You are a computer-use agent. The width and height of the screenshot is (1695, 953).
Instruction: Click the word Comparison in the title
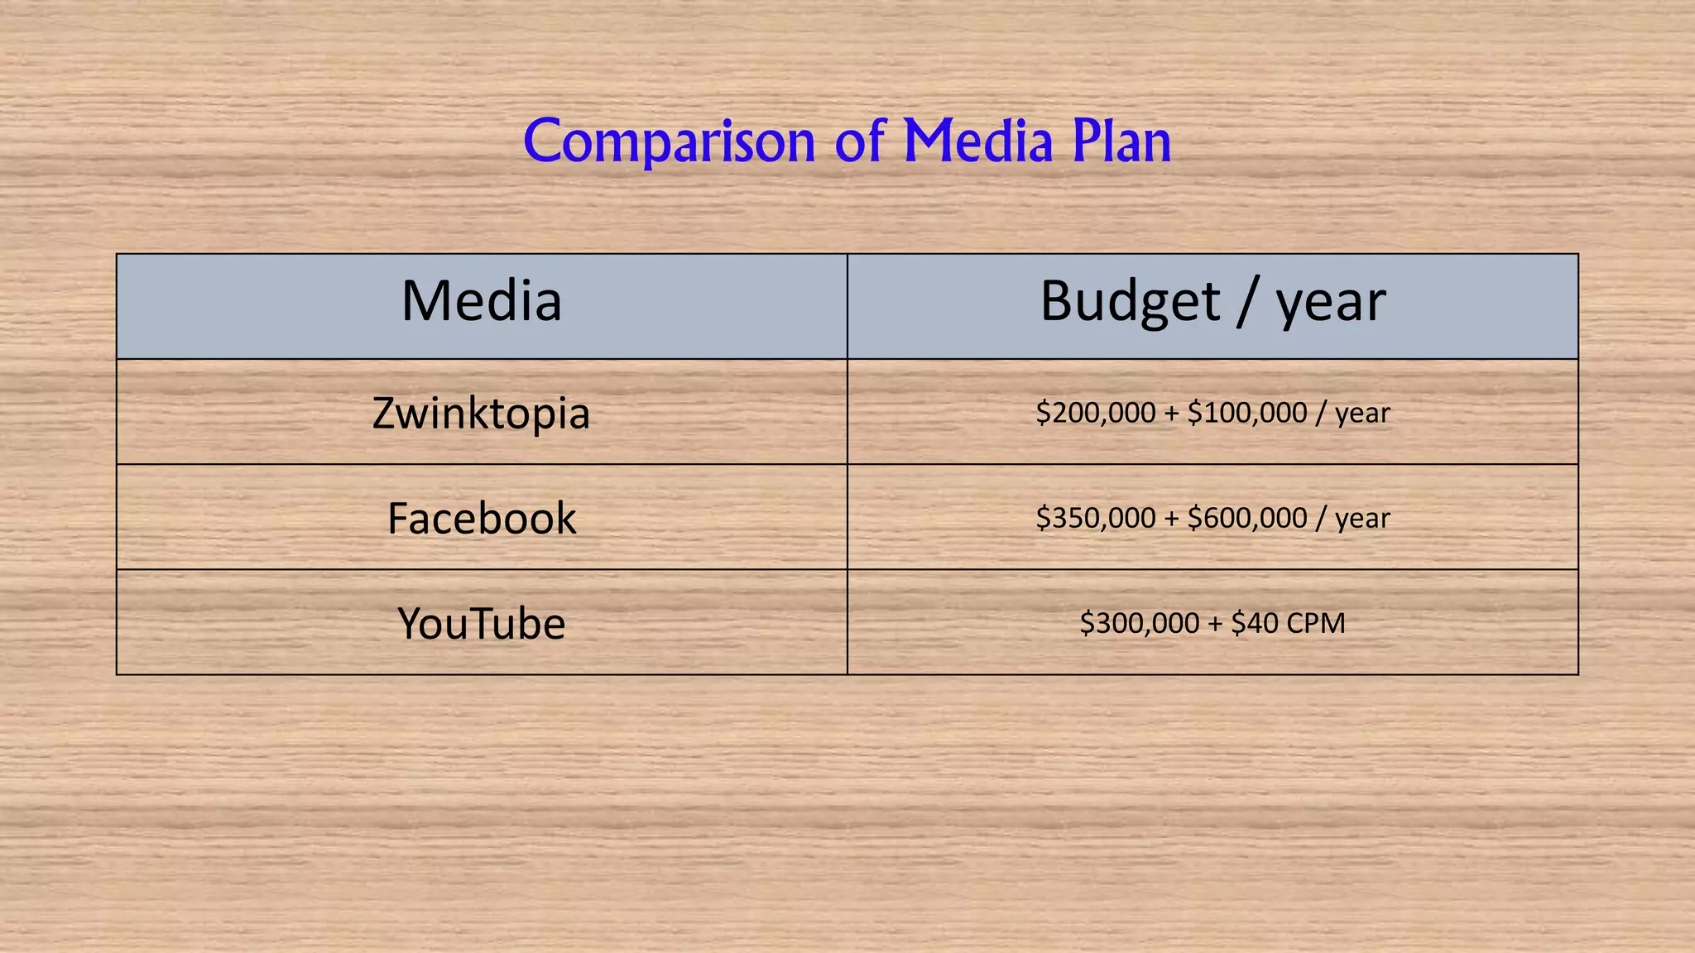pos(670,142)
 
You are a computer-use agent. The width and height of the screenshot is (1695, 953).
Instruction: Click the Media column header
pos(482,301)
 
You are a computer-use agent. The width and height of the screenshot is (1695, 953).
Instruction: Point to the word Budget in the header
pos(1130,301)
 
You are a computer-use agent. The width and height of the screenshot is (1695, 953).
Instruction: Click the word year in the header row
pos(1330,303)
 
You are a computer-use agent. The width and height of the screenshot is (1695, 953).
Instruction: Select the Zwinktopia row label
pos(481,413)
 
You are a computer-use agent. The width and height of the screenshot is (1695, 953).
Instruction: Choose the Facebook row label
pos(482,519)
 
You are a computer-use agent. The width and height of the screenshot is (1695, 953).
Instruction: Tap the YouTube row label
pos(482,624)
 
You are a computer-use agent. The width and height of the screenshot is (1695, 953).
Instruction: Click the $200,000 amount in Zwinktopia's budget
pos(1095,413)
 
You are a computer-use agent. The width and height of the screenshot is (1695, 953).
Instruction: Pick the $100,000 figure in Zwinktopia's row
pos(1246,413)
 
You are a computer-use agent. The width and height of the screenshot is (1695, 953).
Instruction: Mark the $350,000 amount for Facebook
pos(1095,518)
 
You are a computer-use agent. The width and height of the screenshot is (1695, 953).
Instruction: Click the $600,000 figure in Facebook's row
pos(1246,518)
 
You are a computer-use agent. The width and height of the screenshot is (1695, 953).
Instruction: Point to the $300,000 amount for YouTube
pos(1139,623)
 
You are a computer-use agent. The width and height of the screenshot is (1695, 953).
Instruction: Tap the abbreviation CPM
pos(1316,623)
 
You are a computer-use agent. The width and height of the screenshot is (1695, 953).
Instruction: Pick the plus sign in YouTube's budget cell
pos(1215,624)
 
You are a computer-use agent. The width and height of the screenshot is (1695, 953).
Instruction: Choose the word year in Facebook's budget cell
pos(1362,520)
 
